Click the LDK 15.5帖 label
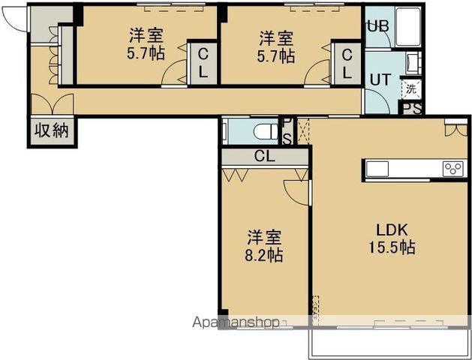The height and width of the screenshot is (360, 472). pos(392,238)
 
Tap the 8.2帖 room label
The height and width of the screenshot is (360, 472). pos(264,246)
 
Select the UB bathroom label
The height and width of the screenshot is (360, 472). pos(378,26)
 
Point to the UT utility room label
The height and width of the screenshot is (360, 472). pos(380,79)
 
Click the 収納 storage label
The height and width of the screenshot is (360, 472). pos(52,130)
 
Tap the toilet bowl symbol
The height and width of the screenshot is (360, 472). pos(266,132)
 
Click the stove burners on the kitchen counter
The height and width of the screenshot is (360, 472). pos(453,169)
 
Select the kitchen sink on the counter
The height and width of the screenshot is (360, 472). pos(377,169)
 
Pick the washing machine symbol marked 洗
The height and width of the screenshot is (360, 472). pos(411,89)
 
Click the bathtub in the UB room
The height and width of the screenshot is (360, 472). pos(408,27)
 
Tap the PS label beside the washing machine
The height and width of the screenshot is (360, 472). pos(412,109)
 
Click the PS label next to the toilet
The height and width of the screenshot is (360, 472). pos(287,130)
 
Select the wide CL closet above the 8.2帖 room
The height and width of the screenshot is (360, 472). pos(265,157)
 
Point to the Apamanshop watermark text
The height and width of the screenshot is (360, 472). pos(236,322)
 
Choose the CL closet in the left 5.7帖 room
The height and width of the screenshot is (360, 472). pos(203,64)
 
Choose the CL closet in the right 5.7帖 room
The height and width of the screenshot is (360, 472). pos(347,64)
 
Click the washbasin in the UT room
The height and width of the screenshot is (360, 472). pos(412,64)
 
